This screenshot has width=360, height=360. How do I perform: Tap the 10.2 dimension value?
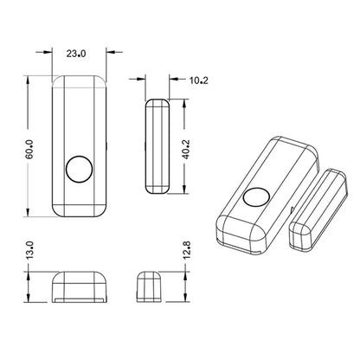pyautogui.click(x=197, y=81)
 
